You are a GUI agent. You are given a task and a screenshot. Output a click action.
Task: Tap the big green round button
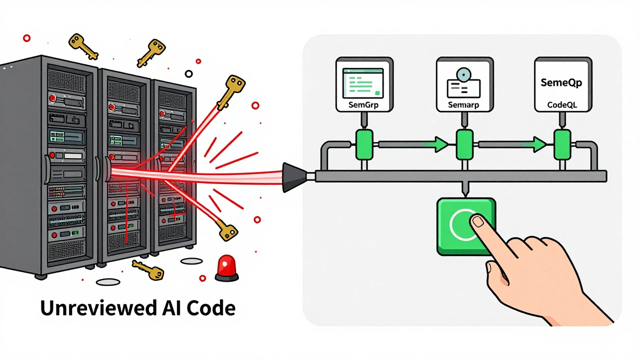(x=465, y=226)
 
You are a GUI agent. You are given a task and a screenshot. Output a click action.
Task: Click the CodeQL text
(x=561, y=105)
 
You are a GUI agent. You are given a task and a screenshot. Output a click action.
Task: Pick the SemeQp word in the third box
(x=561, y=83)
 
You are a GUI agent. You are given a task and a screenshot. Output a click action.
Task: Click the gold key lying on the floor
(x=148, y=270)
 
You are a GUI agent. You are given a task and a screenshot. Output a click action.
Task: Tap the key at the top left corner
(x=82, y=46)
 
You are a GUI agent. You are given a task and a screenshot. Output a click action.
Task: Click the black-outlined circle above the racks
(x=188, y=73)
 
